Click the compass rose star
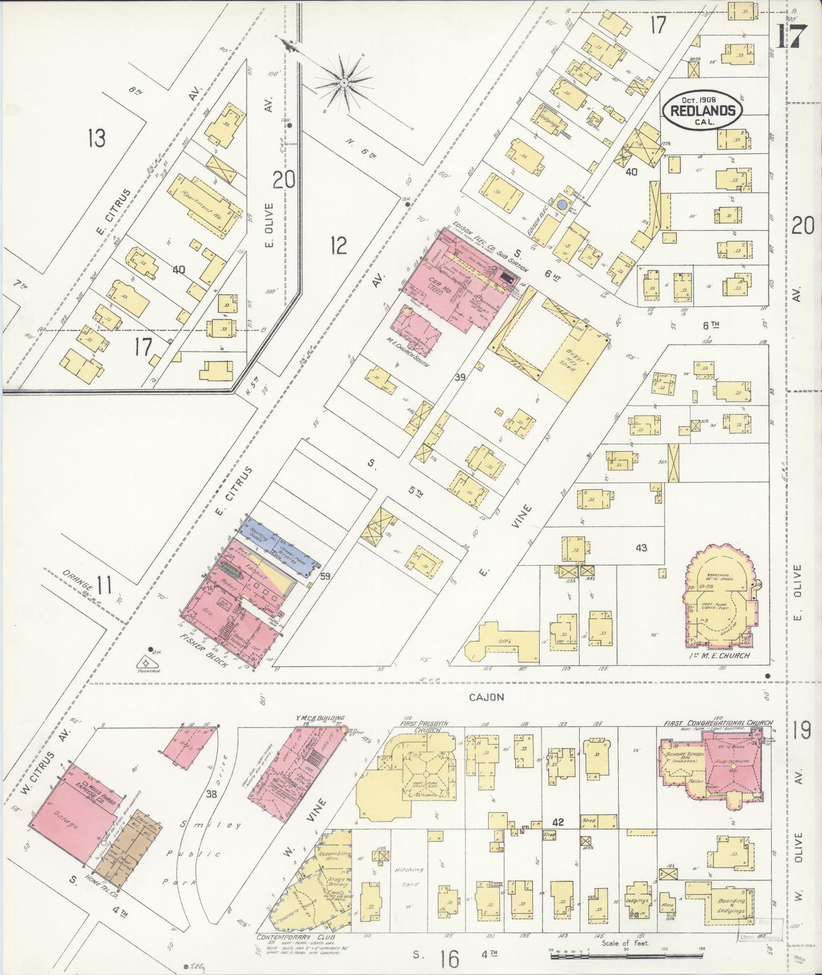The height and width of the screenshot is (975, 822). [x=344, y=83]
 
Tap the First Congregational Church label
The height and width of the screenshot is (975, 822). [x=718, y=723]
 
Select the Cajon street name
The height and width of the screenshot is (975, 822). [x=486, y=697]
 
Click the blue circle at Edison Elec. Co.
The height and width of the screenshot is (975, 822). [x=562, y=204]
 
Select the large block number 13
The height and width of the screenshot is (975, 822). [x=97, y=138]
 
